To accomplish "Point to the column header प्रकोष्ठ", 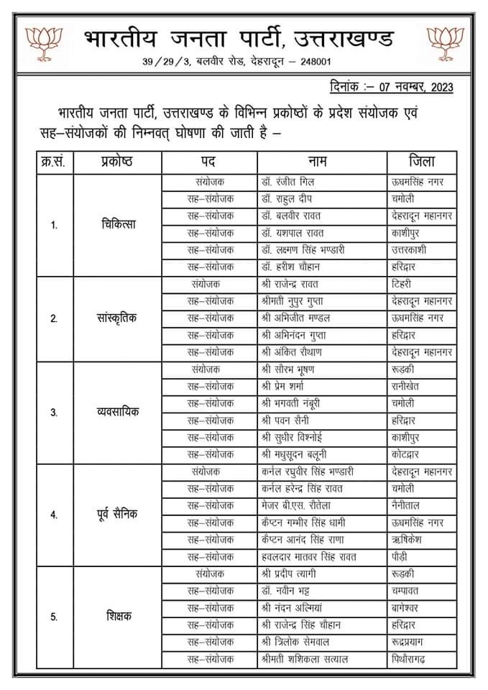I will click(x=117, y=161).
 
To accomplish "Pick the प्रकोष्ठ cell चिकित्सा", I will click(x=118, y=224).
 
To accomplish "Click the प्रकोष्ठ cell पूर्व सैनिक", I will click(x=118, y=514).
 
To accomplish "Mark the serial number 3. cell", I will click(x=54, y=412).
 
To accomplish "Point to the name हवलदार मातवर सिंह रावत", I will click(x=311, y=556).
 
